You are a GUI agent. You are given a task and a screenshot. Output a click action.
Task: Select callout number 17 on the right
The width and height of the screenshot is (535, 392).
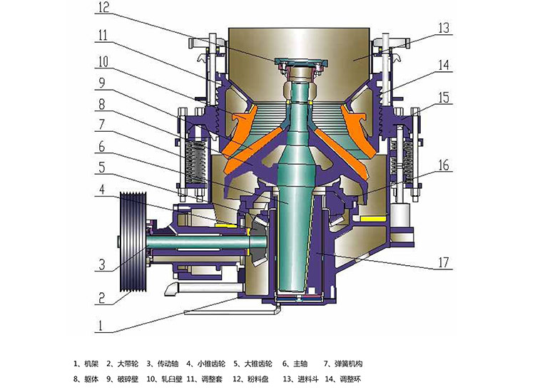pos(443,262)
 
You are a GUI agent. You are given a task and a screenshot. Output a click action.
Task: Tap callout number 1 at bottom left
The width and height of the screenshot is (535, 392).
pos(101,326)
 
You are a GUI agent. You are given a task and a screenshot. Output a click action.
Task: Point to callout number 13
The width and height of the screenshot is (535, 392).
pos(444,28)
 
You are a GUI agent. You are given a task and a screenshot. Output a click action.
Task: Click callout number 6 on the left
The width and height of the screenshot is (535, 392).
pos(102,147)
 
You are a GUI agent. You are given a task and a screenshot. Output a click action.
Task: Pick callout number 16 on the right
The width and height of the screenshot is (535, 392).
pos(443,165)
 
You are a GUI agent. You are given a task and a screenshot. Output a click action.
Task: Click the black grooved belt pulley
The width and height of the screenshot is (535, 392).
pos(133,242)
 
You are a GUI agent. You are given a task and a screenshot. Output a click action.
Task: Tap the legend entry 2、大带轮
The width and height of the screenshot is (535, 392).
pos(123,363)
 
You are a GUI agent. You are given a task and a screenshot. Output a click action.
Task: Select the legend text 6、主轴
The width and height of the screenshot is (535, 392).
pos(295,363)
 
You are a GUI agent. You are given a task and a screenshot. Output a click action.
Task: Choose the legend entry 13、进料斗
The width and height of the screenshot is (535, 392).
pos(300,378)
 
